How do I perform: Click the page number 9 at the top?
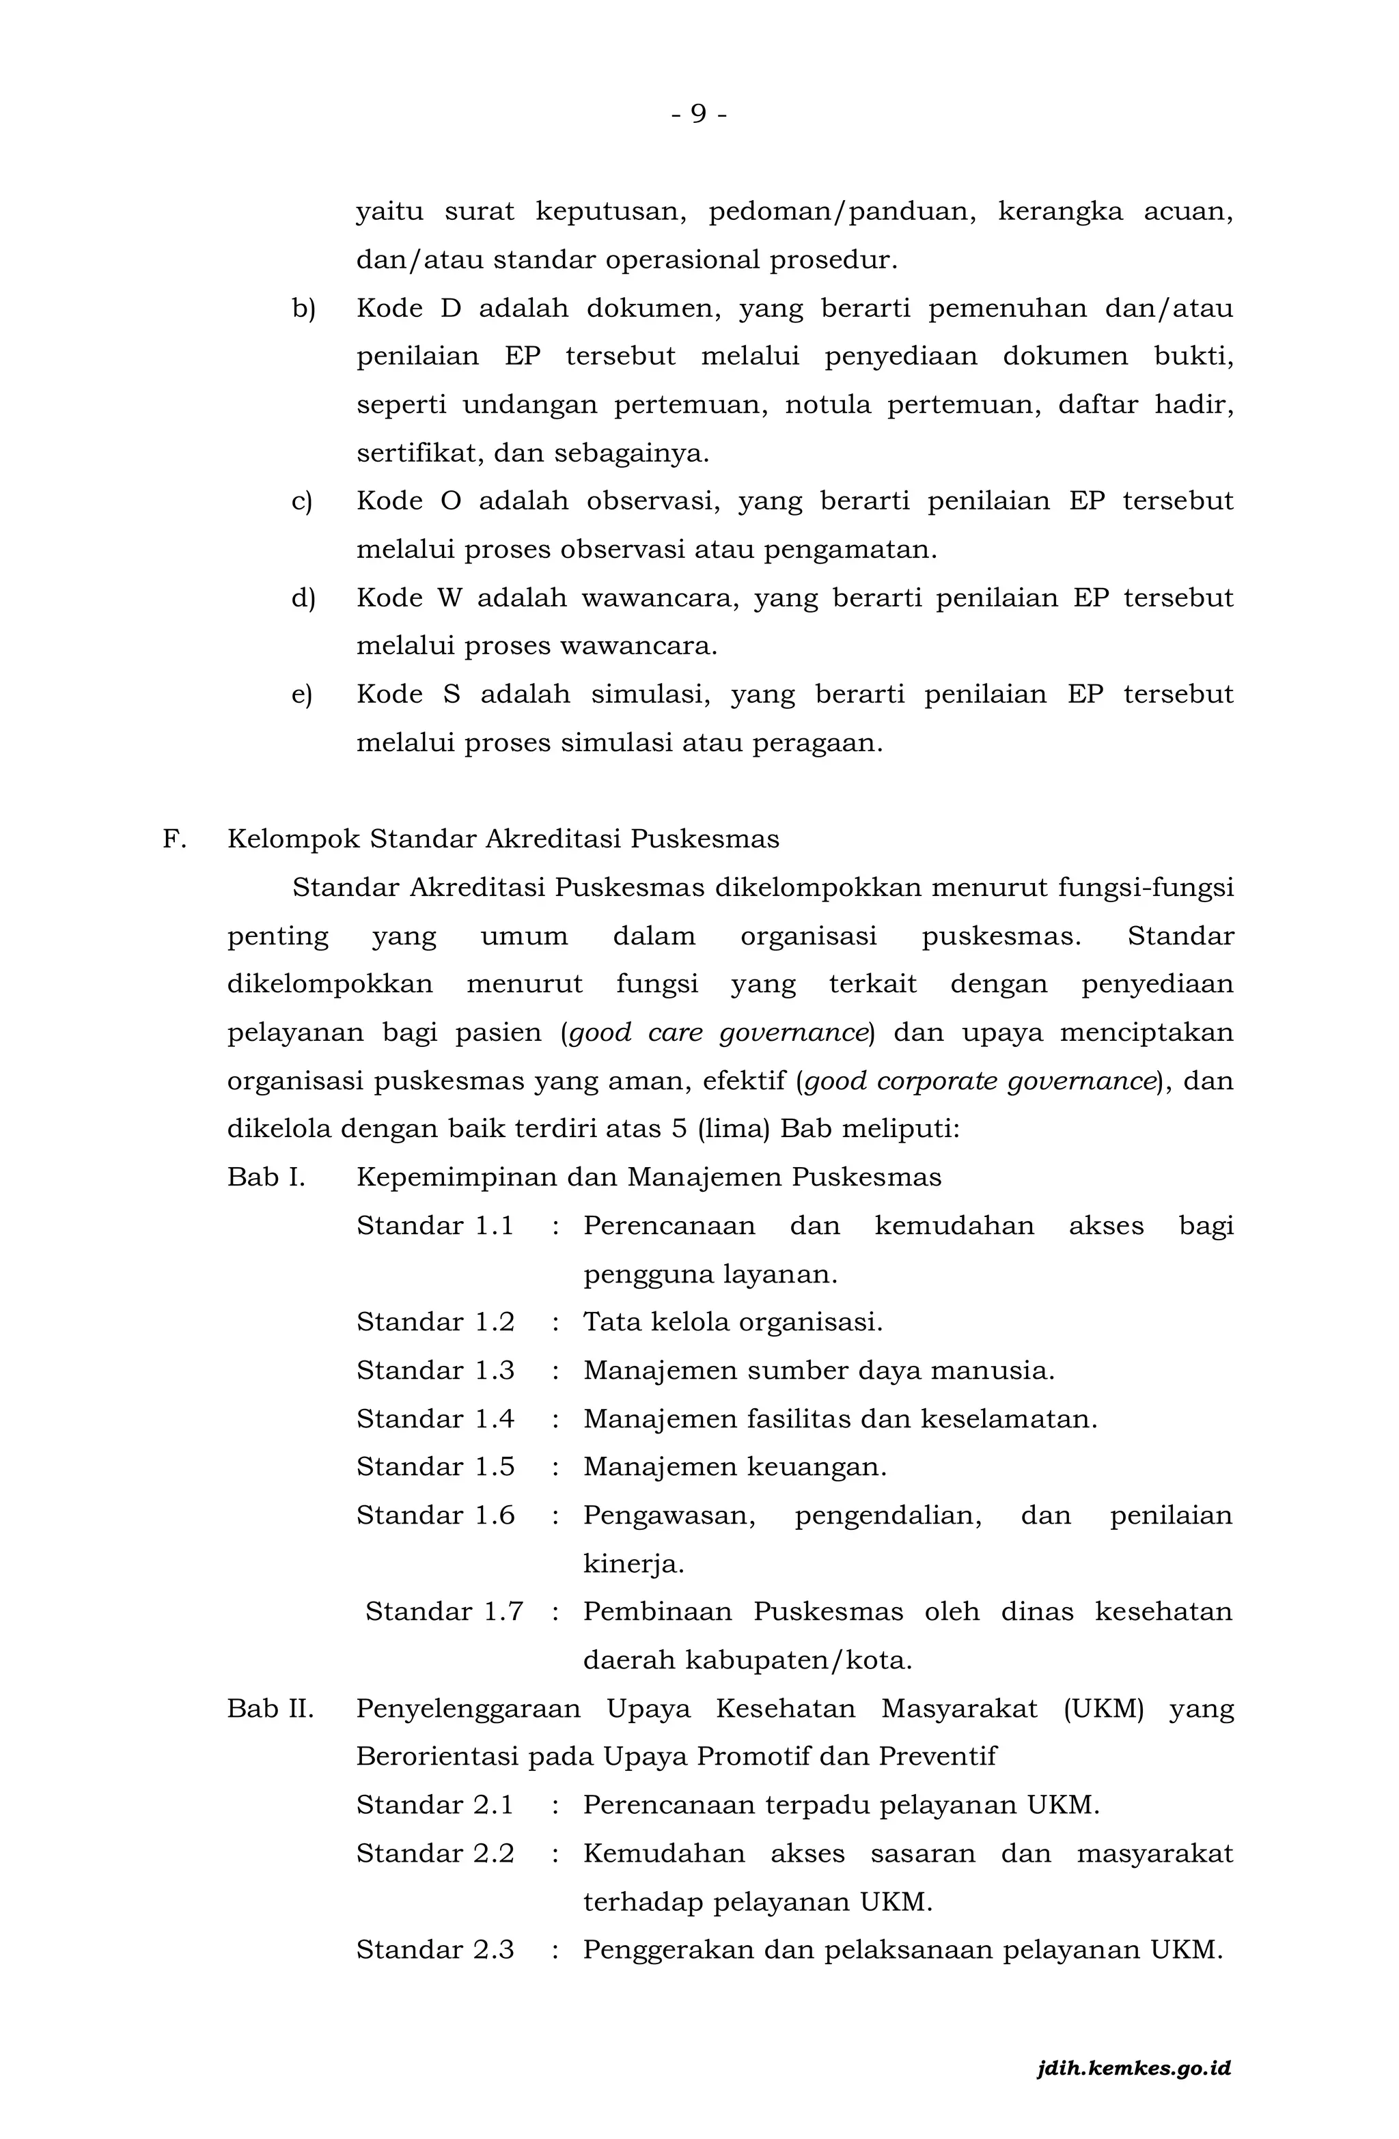(699, 114)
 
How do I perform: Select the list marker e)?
(302, 695)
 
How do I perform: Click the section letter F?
(174, 839)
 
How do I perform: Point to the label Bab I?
(266, 1177)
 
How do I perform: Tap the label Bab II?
(271, 1709)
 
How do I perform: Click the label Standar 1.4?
(435, 1419)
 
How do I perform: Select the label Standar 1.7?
(444, 1612)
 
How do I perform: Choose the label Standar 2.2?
(435, 1854)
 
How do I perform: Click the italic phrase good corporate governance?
(978, 1081)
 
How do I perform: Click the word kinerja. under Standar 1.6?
(633, 1565)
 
